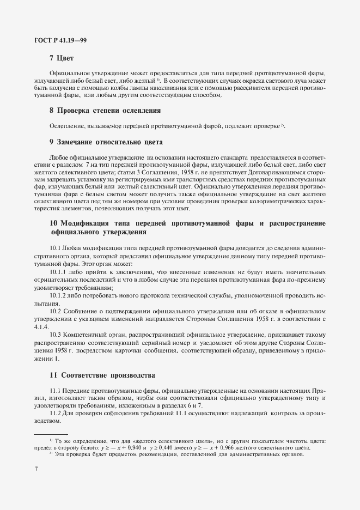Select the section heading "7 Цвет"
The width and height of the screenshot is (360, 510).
click(x=61, y=58)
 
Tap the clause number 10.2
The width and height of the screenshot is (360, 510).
click(x=56, y=311)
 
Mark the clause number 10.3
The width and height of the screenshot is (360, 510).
click(x=56, y=334)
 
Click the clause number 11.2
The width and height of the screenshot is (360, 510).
click(x=56, y=414)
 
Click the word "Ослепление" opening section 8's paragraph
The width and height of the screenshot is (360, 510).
click(x=66, y=126)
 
